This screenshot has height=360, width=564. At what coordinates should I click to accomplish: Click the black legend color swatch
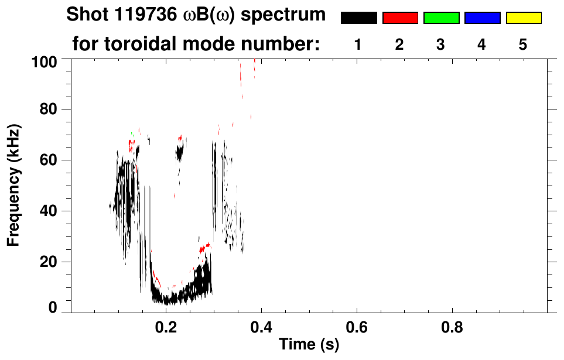[359, 18]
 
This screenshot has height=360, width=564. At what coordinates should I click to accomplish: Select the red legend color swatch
[400, 18]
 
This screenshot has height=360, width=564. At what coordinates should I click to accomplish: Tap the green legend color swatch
[441, 18]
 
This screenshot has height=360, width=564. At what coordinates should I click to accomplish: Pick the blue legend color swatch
[482, 18]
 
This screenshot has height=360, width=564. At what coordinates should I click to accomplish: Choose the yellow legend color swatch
[523, 18]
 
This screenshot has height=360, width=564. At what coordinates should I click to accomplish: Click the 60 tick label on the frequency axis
[52, 160]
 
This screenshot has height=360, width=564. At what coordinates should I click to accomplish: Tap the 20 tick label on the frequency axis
[52, 262]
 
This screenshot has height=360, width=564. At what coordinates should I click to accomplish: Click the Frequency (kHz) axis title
[14, 184]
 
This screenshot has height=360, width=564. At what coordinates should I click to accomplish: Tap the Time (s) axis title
[309, 345]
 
